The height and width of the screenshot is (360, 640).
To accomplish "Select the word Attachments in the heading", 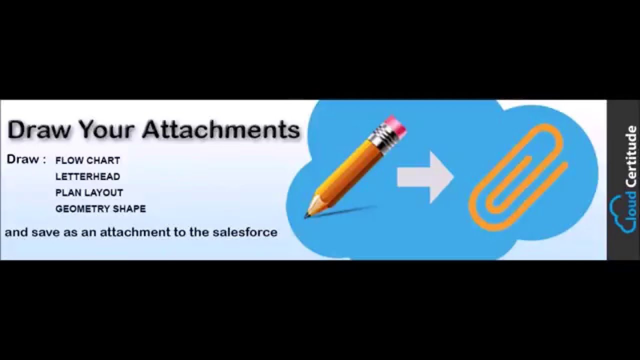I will click(221, 130).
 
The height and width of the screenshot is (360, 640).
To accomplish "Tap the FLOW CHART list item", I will click(87, 160).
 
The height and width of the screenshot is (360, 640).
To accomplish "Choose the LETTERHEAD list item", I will click(87, 176).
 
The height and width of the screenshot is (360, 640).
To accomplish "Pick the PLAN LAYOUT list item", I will click(89, 192).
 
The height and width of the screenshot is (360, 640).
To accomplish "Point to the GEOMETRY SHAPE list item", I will click(100, 208).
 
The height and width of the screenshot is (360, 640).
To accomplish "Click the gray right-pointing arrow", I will click(425, 176).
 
